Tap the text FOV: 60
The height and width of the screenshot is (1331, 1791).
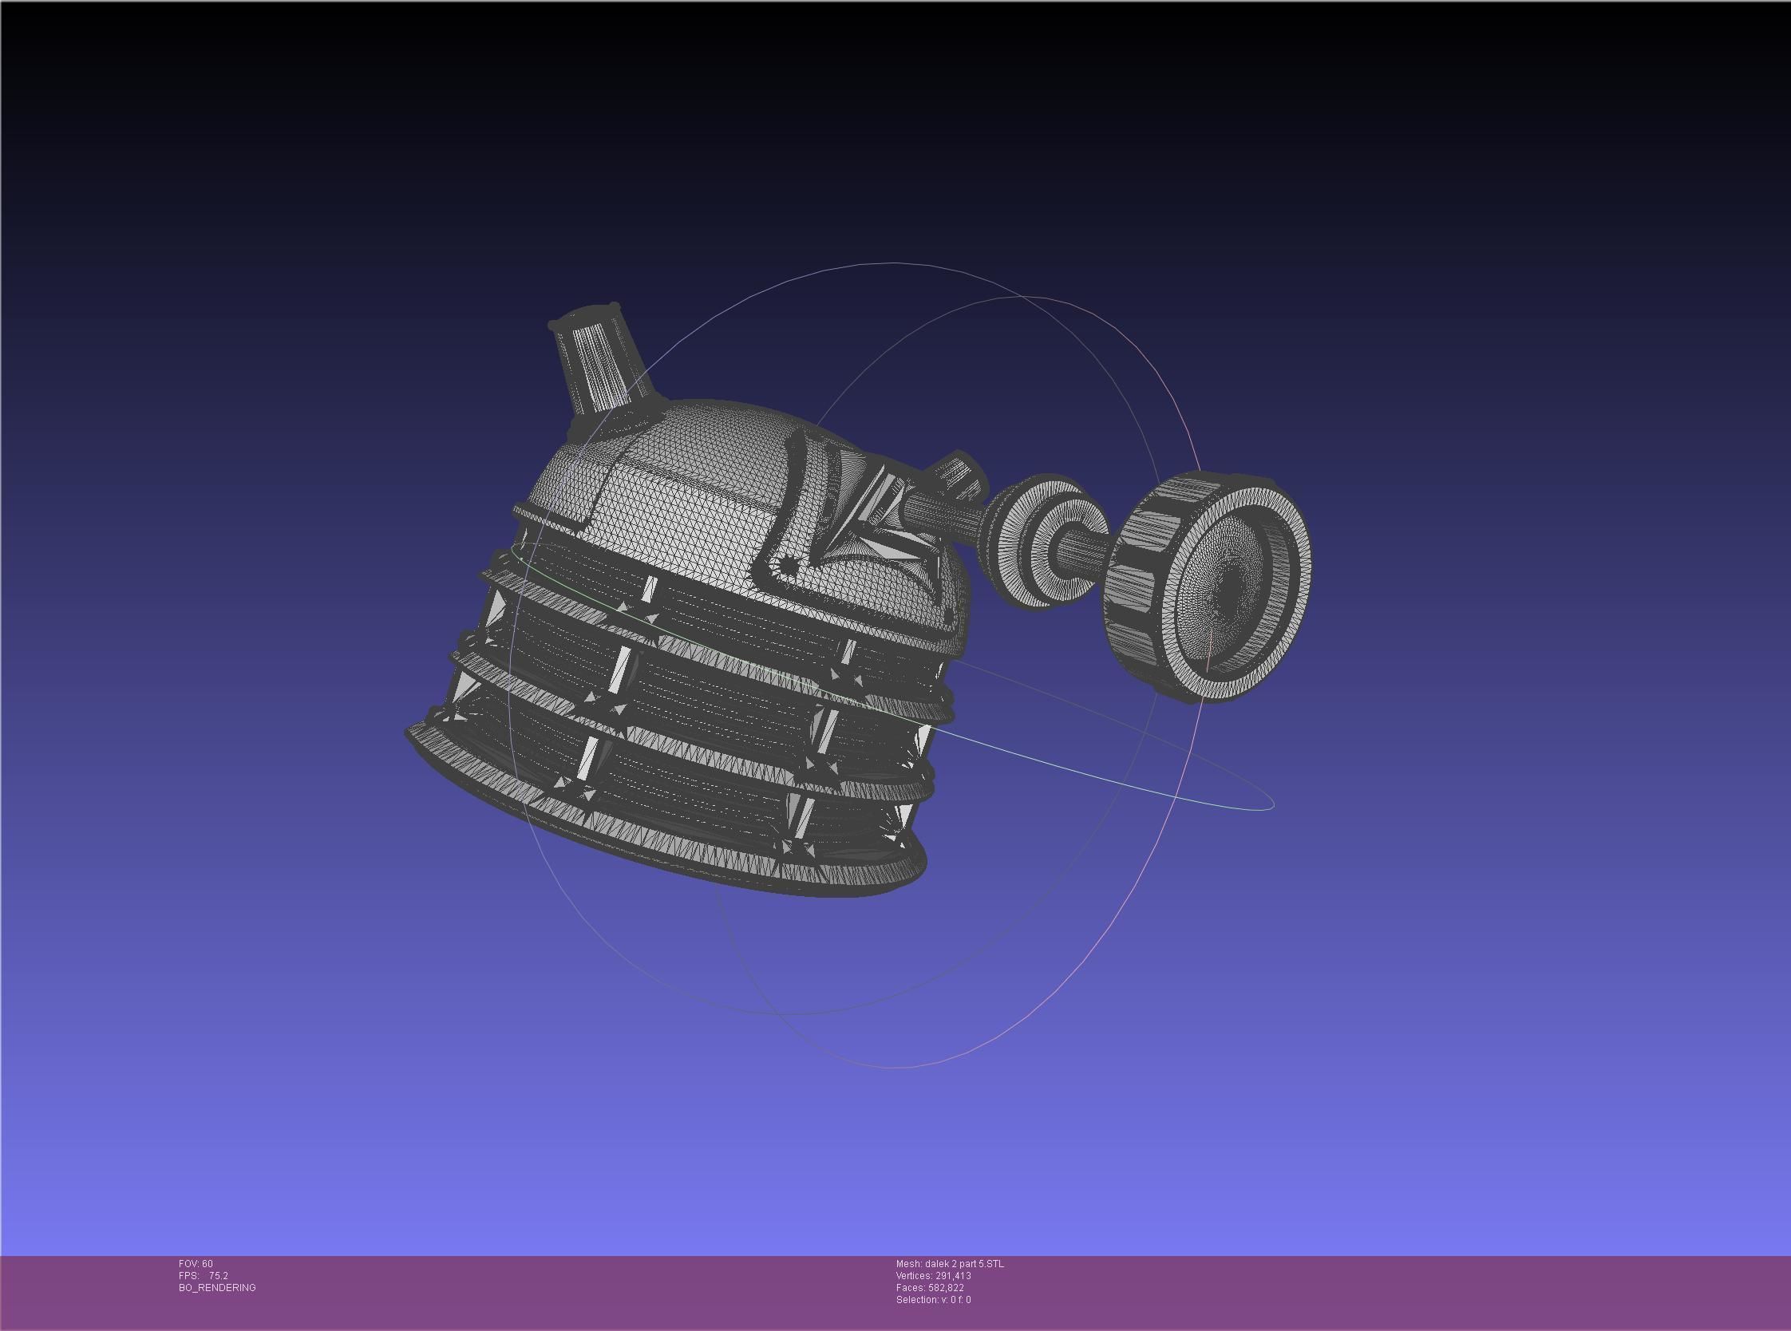[x=196, y=1264]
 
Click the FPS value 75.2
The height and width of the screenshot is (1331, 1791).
[x=219, y=1276]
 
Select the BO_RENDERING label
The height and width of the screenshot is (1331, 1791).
[x=217, y=1287]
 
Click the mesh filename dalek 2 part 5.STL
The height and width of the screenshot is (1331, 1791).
[x=950, y=1264]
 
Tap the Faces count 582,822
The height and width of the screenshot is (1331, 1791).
[x=930, y=1287]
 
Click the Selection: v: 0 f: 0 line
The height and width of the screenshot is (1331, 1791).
[x=933, y=1300]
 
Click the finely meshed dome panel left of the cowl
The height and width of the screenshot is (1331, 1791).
[x=685, y=515]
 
